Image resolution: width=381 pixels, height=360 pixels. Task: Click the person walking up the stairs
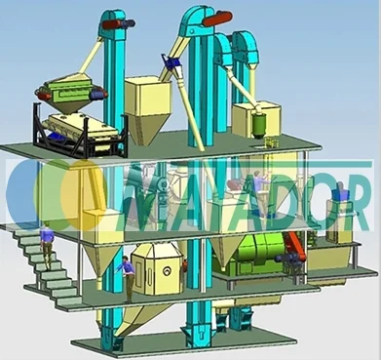click(47, 247)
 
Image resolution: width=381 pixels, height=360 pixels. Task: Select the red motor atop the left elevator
click(112, 24)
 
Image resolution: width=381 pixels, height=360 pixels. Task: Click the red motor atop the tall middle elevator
click(217, 18)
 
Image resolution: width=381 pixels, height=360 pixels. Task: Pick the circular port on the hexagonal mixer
click(168, 270)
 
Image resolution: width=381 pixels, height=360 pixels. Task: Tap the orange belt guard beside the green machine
click(295, 246)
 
